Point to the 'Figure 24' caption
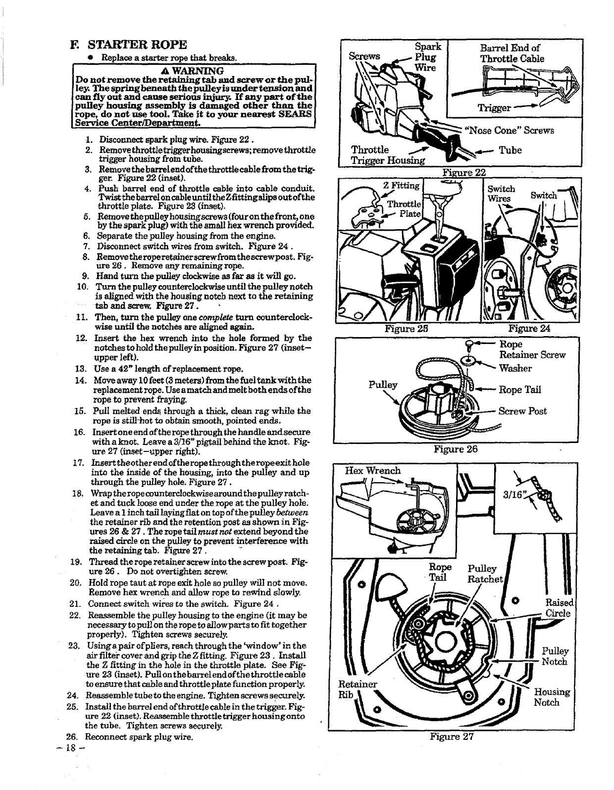[529, 328]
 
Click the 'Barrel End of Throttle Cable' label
[512, 53]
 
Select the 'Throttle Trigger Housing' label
[388, 155]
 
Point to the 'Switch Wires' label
[501, 194]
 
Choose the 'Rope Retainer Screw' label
[532, 349]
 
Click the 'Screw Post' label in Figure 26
[522, 411]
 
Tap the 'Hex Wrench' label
[372, 471]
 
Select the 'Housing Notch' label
[551, 697]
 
